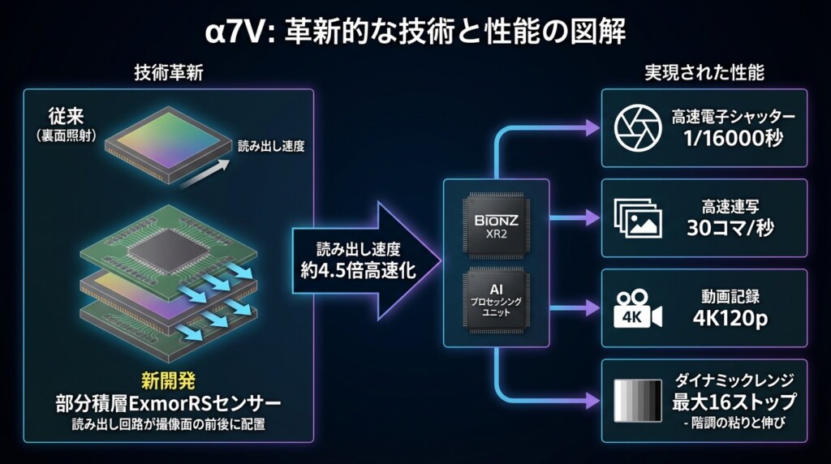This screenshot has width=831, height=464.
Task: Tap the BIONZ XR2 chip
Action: [496, 224]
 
